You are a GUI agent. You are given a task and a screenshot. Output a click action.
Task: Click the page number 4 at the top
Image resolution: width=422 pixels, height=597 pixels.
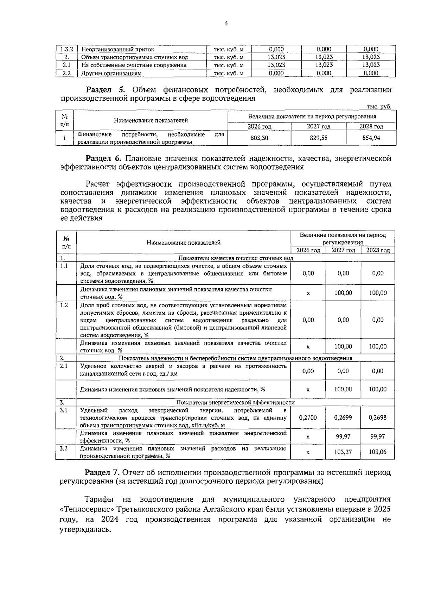(x=226, y=24)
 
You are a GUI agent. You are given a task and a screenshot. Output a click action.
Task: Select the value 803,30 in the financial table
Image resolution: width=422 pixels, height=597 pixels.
(x=259, y=138)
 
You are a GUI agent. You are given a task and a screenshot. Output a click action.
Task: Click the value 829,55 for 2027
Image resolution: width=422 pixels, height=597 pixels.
(x=318, y=138)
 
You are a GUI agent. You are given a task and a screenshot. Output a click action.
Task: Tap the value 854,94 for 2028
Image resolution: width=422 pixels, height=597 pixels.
(x=371, y=138)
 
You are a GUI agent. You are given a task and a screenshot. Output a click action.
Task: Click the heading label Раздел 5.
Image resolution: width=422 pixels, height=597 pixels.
(x=105, y=90)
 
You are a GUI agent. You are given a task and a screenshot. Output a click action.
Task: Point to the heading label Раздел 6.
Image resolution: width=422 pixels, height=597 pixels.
(x=105, y=158)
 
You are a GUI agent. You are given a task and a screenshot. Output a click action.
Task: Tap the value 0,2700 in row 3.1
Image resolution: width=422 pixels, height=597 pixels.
(x=308, y=417)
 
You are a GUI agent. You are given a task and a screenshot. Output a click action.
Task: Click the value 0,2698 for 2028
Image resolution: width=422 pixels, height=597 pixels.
(x=377, y=417)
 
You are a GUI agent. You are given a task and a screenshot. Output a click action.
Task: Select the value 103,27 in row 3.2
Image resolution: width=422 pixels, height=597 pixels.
(x=343, y=452)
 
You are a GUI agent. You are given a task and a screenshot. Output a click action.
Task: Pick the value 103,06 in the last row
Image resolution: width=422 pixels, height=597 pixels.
(x=377, y=452)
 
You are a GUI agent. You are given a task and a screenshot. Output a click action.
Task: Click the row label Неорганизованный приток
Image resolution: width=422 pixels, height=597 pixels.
(x=117, y=50)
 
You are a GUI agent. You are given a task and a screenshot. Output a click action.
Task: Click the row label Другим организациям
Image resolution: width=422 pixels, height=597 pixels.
(x=111, y=73)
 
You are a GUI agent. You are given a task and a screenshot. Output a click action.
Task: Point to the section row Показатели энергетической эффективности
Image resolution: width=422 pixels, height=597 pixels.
(x=235, y=402)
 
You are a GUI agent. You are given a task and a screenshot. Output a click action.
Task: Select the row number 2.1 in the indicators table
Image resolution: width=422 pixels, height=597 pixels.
(x=64, y=366)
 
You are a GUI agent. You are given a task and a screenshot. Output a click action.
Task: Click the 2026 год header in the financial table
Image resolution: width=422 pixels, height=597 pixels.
(x=259, y=126)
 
